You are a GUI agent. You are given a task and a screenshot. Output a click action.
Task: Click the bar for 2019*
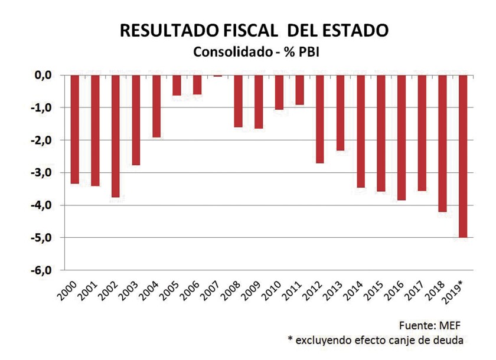(463, 156)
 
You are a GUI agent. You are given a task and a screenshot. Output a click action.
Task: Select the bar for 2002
(115, 136)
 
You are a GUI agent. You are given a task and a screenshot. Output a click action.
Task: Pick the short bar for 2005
(177, 85)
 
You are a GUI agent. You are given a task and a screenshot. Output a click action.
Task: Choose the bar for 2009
(259, 102)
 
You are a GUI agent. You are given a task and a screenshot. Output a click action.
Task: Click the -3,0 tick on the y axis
(43, 173)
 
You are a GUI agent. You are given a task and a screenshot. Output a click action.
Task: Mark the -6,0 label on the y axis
(43, 270)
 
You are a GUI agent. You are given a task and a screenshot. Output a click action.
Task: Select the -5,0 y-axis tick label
(43, 238)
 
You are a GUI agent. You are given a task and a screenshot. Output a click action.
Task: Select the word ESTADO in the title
(356, 31)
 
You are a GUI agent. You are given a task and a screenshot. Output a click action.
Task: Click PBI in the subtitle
(309, 52)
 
